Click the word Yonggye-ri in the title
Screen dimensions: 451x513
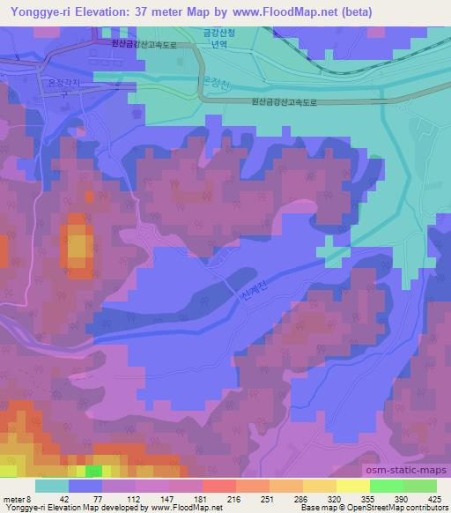40,11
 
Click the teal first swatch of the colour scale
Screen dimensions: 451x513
52,487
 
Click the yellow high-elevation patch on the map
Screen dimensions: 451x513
78,248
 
